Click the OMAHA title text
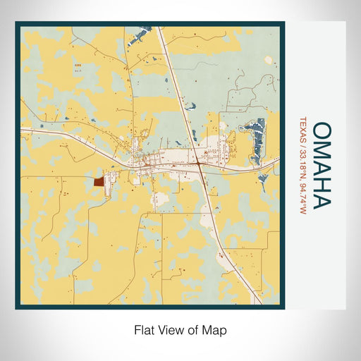click(x=320, y=166)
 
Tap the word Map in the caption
click(x=216, y=329)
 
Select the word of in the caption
click(x=194, y=329)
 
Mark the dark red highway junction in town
click(x=200, y=166)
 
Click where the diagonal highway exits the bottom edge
click(x=260, y=303)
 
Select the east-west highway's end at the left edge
click(x=21, y=131)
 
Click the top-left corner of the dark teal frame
click(x=16, y=23)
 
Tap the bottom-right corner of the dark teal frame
click(x=283, y=308)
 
